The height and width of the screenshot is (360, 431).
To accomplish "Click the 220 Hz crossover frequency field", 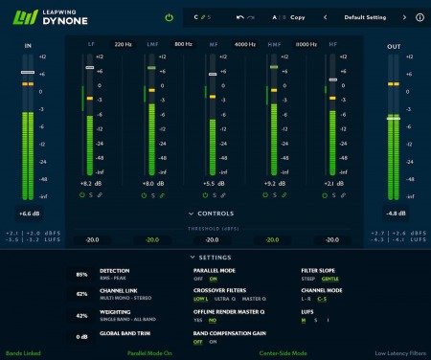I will [x=123, y=44].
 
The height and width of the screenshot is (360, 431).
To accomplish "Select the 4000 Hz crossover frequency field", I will [x=244, y=44].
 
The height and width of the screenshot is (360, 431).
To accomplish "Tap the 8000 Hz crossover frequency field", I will [x=306, y=44].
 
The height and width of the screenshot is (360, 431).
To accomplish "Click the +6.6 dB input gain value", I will [x=29, y=214].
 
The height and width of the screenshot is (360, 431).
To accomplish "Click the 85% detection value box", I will [x=81, y=275].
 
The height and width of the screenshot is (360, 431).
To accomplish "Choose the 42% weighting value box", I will [x=81, y=315].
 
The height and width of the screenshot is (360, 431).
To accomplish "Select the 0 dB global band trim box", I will [x=81, y=336].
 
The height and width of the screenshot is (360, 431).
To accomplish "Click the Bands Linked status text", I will [x=24, y=353].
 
